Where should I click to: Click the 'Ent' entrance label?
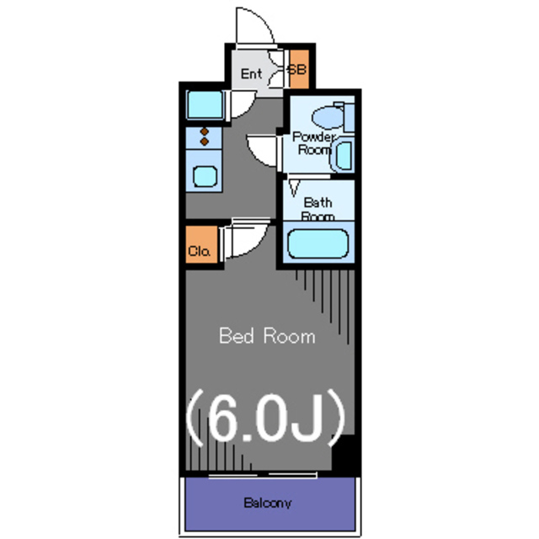pyautogui.click(x=251, y=73)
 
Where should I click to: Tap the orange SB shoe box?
pyautogui.click(x=299, y=69)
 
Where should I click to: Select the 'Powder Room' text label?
pyautogui.click(x=313, y=143)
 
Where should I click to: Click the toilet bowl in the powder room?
pyautogui.click(x=328, y=117)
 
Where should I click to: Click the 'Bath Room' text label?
pyautogui.click(x=318, y=209)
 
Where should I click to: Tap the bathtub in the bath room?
pyautogui.click(x=318, y=243)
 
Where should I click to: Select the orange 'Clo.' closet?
pyautogui.click(x=201, y=244)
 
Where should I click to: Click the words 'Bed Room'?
pyautogui.click(x=267, y=336)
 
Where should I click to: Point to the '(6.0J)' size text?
pyautogui.click(x=266, y=418)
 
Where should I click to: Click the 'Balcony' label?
pyautogui.click(x=268, y=503)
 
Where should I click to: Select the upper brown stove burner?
pyautogui.click(x=205, y=131)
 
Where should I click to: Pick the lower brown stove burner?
pyautogui.click(x=205, y=141)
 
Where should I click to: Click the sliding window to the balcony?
pyautogui.click(x=263, y=475)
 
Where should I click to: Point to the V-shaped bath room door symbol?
pyautogui.click(x=294, y=189)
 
